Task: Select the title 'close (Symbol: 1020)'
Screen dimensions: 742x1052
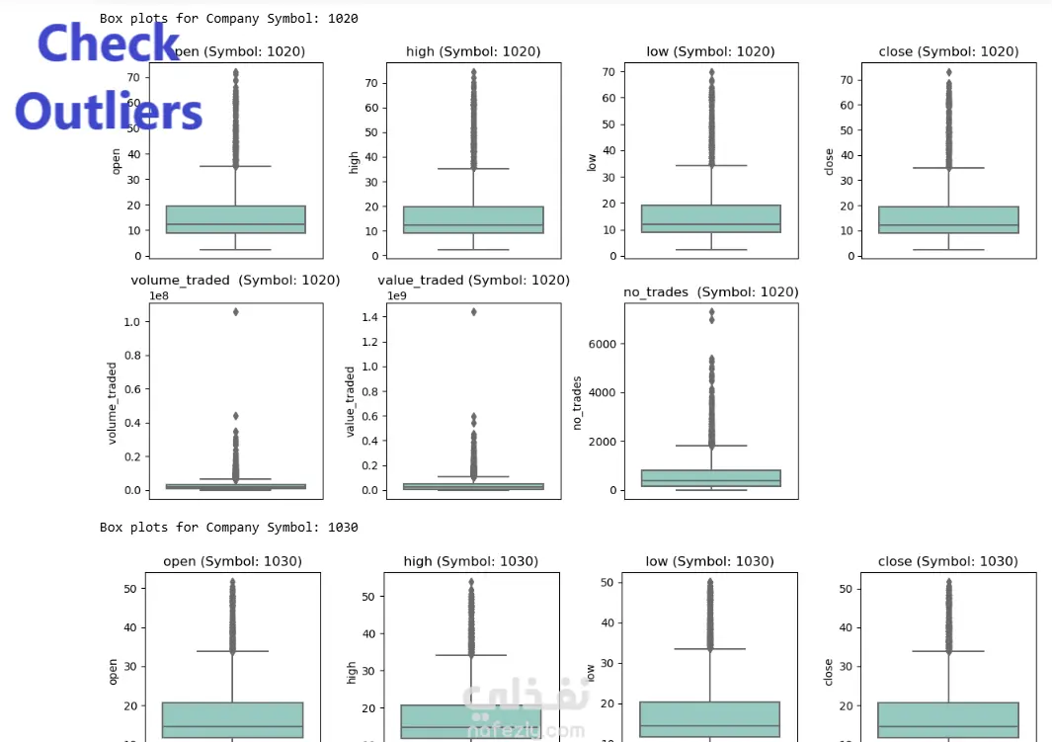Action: point(948,51)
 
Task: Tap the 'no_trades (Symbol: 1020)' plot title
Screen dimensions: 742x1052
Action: point(710,291)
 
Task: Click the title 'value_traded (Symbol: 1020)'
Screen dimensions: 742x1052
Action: point(473,280)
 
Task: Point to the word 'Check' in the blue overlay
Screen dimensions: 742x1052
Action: point(109,44)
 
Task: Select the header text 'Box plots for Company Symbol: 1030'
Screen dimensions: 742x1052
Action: point(228,528)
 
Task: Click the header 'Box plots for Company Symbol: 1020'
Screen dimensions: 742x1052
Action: point(228,18)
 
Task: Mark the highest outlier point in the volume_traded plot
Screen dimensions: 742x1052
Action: point(235,312)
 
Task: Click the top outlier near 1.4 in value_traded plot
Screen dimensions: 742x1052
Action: point(473,312)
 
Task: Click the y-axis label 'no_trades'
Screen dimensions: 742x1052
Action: point(578,403)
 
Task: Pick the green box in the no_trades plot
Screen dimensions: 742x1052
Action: point(710,478)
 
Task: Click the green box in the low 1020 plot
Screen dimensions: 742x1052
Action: point(710,218)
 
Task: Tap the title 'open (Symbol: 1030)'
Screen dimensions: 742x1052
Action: point(232,561)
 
